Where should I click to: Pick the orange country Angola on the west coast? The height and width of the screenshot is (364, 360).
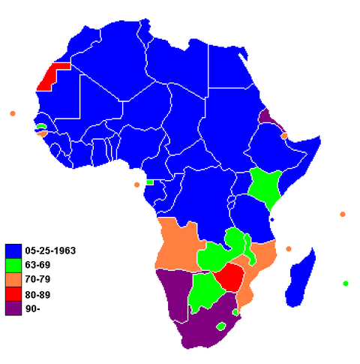pos(177,245)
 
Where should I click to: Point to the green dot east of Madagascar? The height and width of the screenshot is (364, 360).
pos(346,284)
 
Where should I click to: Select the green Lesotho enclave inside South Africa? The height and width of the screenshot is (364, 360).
pos(220,326)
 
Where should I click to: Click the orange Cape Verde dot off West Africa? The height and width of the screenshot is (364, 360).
pos(13,113)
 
